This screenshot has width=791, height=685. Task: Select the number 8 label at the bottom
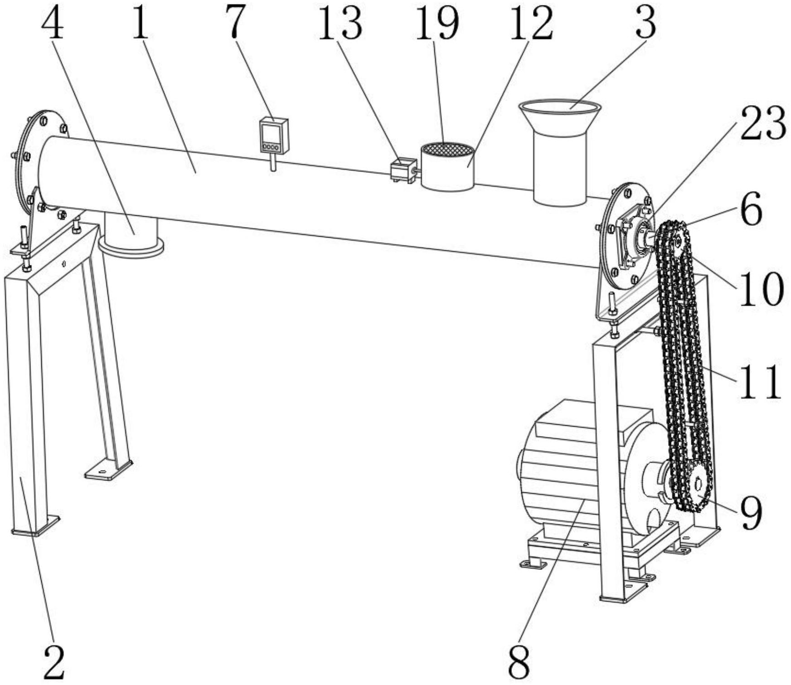(x=519, y=661)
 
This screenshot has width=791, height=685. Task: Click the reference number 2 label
(x=54, y=661)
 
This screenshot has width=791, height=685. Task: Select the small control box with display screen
(x=274, y=136)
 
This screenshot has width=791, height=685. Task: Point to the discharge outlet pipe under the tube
(x=131, y=235)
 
